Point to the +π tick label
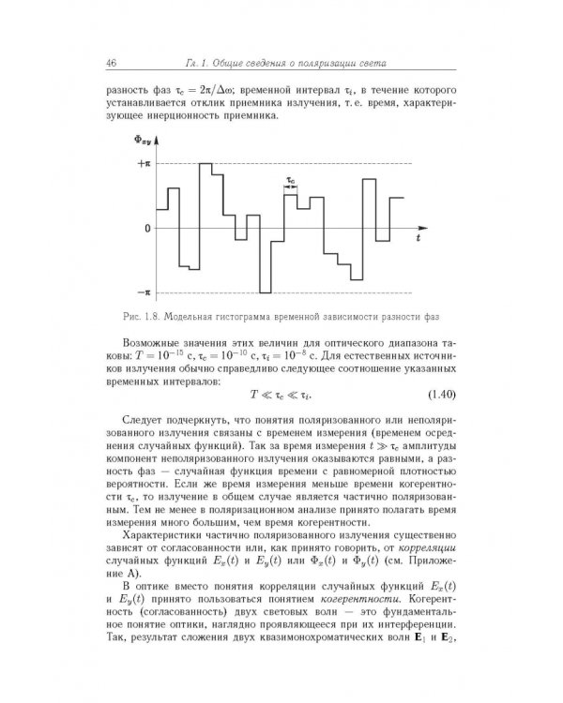point(143,163)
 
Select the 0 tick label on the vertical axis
point(146,229)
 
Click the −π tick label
point(143,293)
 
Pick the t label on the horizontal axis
point(418,240)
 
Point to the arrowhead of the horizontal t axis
point(426,228)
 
